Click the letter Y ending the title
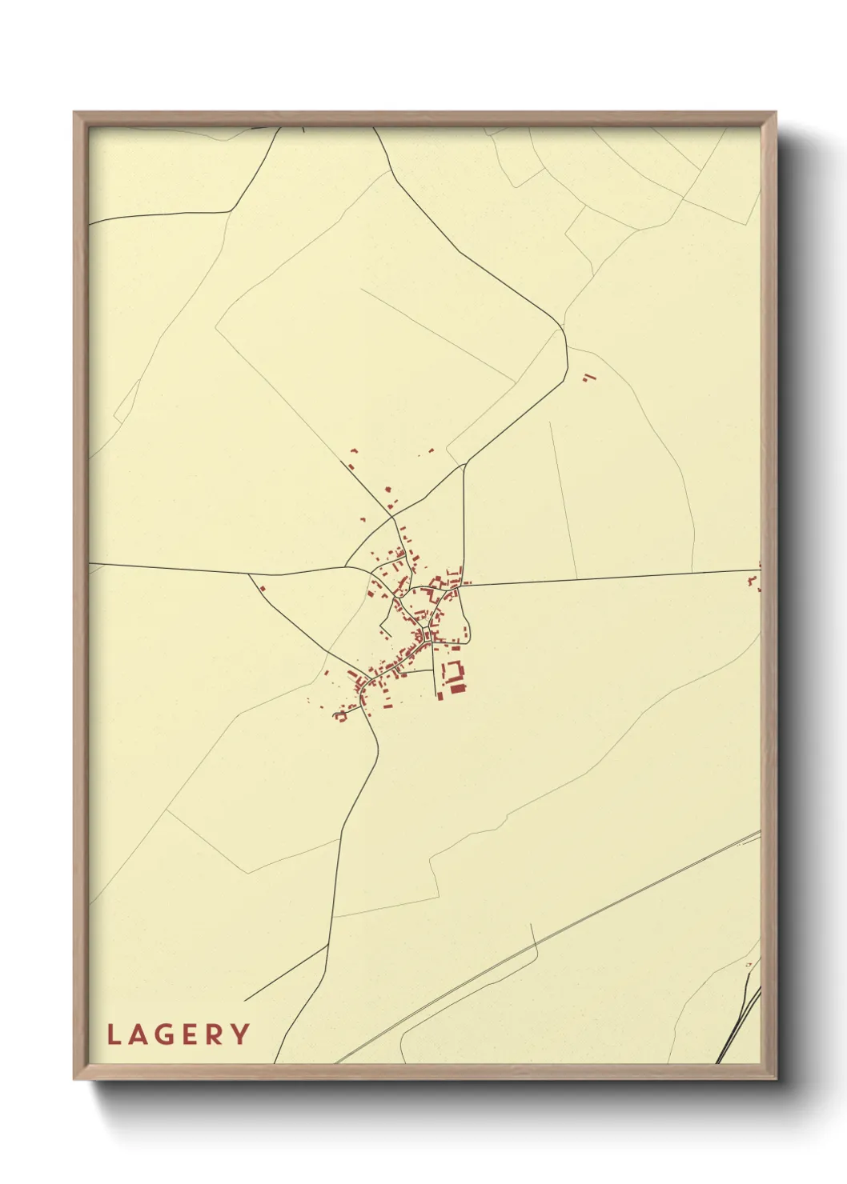click(x=240, y=1034)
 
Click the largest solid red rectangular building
click(x=458, y=687)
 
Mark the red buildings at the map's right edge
click(x=756, y=582)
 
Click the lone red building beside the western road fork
click(x=262, y=589)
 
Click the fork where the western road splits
click(x=249, y=574)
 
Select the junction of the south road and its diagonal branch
click(x=327, y=946)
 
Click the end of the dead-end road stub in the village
click(x=437, y=694)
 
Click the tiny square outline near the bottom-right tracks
click(x=749, y=965)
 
